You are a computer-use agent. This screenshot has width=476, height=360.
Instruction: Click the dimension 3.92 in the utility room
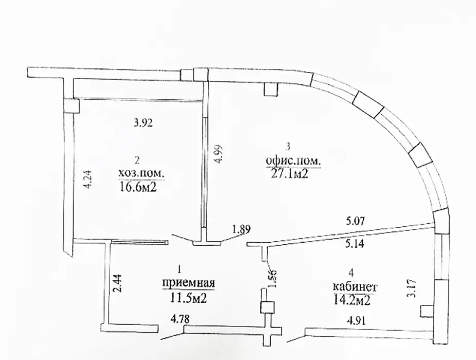pos(144,123)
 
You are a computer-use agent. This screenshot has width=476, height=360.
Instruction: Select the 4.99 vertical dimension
pos(218,154)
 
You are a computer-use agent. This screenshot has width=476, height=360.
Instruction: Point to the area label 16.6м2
pos(137,188)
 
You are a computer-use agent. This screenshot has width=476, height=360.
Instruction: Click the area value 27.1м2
pos(290,174)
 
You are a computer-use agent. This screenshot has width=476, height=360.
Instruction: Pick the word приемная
pos(188,283)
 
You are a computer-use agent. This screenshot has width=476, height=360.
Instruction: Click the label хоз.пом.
pos(141,173)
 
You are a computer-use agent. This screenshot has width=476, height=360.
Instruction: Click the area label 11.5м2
pos(188,298)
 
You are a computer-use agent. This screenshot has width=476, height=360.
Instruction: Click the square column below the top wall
pos(270,90)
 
